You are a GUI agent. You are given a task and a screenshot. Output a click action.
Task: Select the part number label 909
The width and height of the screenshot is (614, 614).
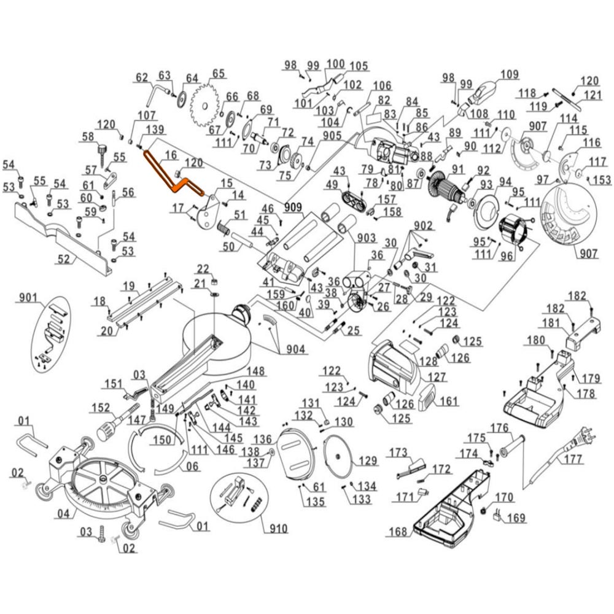click(293, 208)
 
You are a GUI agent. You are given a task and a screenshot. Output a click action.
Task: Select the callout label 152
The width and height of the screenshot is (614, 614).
click(101, 407)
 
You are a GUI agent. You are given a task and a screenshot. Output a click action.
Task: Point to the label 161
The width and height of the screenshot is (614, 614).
click(449, 402)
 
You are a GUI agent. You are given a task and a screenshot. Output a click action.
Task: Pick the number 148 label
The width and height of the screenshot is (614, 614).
click(256, 371)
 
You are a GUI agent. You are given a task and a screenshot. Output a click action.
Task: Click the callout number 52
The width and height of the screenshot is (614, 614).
click(64, 259)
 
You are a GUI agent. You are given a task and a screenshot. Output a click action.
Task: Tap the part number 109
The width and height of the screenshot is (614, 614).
click(510, 75)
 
